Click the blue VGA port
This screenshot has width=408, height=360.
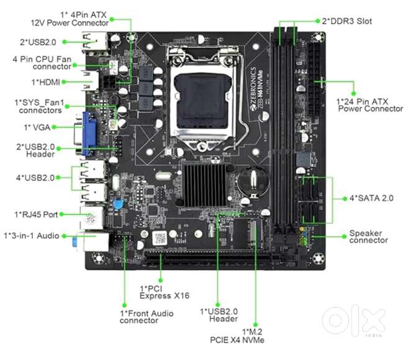click(88, 134)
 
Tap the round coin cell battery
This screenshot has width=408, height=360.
click(253, 181)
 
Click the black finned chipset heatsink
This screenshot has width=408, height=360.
click(206, 185)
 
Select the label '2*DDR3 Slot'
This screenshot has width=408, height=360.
click(347, 21)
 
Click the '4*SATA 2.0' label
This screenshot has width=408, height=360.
click(371, 198)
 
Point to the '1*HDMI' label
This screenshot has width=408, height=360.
click(46, 82)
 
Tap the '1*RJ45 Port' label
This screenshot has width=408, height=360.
click(36, 215)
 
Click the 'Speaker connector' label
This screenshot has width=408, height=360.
click(368, 236)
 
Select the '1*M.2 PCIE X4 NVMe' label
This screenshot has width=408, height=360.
click(237, 336)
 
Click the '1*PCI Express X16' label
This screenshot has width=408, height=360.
click(165, 292)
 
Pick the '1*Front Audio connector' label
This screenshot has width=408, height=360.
click(147, 316)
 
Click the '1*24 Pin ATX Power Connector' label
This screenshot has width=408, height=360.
click(369, 105)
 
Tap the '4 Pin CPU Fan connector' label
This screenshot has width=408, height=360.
click(42, 63)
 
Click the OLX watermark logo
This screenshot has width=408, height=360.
click(354, 321)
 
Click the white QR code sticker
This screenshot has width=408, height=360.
click(160, 238)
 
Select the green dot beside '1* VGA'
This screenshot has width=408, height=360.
click(54, 127)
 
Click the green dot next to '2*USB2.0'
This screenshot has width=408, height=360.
click(65, 42)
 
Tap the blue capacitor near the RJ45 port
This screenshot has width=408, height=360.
click(119, 204)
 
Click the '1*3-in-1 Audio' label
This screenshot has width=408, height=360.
click(32, 236)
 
